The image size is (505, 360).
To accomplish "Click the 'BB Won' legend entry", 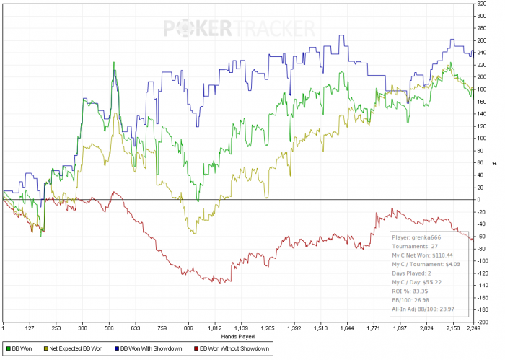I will [22, 349].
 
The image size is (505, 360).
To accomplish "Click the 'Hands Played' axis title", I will [238, 337].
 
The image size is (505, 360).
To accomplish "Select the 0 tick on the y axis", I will [478, 199].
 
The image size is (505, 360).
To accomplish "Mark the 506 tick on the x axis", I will [110, 329].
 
